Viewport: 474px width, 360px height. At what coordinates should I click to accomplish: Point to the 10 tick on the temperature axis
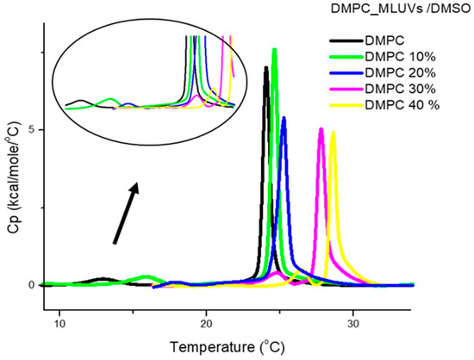coord(59,322)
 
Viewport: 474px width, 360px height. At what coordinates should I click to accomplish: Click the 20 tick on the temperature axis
coord(206,322)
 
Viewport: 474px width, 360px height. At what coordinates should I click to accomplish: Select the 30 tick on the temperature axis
coord(352,322)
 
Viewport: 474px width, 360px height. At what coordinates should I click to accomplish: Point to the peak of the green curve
coord(274,50)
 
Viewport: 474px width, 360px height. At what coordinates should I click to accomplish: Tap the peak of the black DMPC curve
coord(266,67)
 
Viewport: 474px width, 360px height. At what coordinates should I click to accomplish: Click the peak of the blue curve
coord(284,118)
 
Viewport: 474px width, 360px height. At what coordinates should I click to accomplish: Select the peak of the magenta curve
coord(321,129)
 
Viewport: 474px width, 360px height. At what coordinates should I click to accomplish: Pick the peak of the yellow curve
coord(333,133)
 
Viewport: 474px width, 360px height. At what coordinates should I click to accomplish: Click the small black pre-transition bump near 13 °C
coord(104,279)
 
